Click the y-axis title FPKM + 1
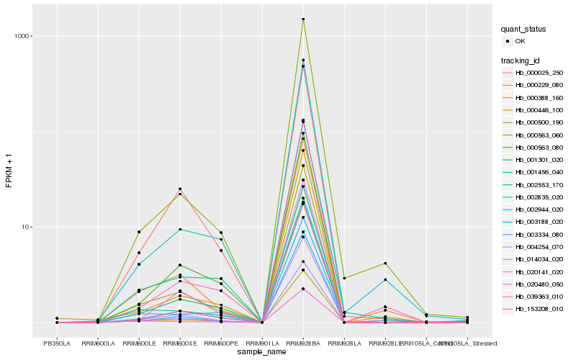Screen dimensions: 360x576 coord(9,171)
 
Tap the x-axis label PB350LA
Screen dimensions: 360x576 coord(57,343)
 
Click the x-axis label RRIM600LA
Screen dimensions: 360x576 coord(97,343)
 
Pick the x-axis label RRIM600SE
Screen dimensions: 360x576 coord(180,343)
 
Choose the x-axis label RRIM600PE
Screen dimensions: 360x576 coord(221,343)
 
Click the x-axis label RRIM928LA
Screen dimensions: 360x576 coord(344,343)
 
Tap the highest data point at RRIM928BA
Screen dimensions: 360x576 coord(303,19)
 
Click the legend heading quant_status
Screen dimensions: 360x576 coord(523,29)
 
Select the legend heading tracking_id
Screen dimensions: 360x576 coord(522,60)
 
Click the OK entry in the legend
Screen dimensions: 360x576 coord(520,41)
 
